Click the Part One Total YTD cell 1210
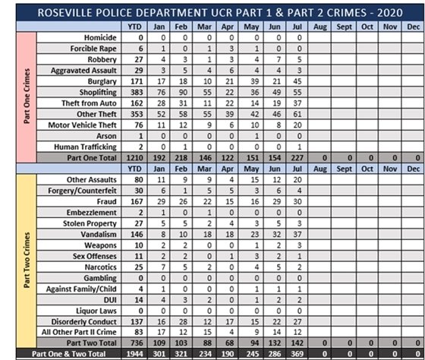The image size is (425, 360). click(x=136, y=156)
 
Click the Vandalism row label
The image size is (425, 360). click(x=98, y=234)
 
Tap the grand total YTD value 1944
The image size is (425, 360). click(x=136, y=355)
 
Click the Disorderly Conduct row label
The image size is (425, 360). click(x=85, y=321)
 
